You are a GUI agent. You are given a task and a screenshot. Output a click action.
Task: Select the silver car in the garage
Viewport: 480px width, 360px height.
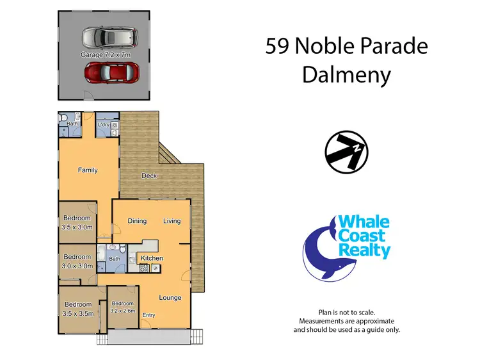[x=109, y=38]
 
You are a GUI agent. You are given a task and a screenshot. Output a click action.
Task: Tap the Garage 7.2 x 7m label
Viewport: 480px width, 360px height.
[x=105, y=56]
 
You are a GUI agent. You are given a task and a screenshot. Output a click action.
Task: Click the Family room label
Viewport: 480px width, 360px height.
[x=88, y=170]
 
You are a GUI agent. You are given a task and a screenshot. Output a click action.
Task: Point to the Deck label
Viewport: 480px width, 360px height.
[x=149, y=176]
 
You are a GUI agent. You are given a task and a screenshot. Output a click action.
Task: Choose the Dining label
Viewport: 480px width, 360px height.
[x=137, y=221]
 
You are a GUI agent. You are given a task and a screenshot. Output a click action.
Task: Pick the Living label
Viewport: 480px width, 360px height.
[x=172, y=221]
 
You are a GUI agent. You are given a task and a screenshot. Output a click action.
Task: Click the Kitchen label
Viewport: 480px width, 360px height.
[x=152, y=258]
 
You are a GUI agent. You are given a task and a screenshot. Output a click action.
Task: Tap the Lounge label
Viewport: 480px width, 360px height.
[x=170, y=297]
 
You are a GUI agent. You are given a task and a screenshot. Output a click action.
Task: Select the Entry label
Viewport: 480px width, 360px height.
[x=148, y=315]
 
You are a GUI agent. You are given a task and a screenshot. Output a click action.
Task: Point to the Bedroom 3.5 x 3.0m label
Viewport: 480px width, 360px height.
[x=77, y=222]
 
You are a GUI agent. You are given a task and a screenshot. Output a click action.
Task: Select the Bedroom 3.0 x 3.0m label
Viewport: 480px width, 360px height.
[x=77, y=261]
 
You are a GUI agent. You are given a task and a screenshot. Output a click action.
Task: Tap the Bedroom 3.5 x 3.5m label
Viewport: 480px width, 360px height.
[x=77, y=309]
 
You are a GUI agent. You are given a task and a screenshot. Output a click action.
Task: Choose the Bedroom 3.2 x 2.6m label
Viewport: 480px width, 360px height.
[x=122, y=307]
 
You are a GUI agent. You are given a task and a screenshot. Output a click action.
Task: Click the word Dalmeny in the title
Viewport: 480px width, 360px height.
[x=346, y=76]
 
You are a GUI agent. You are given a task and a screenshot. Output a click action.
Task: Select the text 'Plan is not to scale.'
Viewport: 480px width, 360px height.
[x=346, y=312]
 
